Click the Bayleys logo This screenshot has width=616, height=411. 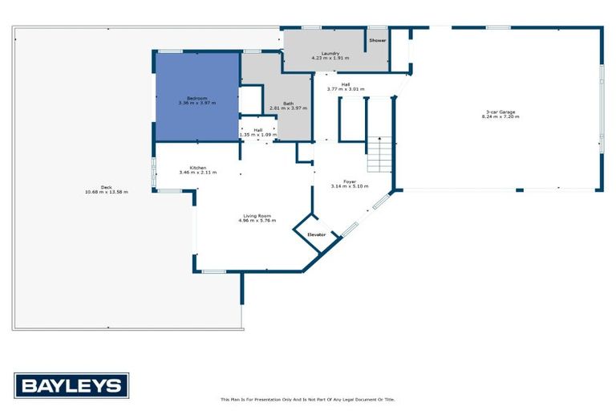(x=71, y=386)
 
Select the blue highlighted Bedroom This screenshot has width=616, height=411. (x=197, y=96)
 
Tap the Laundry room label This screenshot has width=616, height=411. (x=319, y=53)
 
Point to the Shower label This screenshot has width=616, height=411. (x=377, y=39)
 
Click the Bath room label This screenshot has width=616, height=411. (x=288, y=103)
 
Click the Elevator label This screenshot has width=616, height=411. (x=317, y=234)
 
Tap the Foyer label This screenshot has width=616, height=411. (x=350, y=181)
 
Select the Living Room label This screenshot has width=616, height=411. (x=257, y=215)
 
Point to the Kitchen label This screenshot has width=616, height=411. (x=197, y=167)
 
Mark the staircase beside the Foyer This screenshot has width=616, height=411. (x=379, y=154)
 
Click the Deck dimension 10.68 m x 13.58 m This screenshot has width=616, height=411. (x=107, y=192)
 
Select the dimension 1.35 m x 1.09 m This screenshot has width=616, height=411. (x=257, y=135)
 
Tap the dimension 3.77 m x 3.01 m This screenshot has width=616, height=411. (x=345, y=88)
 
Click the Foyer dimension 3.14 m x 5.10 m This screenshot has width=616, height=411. (x=350, y=186)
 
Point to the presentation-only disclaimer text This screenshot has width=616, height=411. (x=308, y=399)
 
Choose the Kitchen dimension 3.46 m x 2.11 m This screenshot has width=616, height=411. (x=197, y=173)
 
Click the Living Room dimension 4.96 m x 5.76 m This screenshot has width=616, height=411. (x=257, y=220)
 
